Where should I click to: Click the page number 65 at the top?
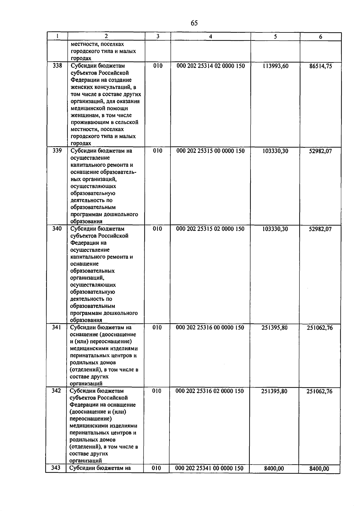[194, 23]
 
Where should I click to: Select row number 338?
[57, 65]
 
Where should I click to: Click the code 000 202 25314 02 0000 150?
[211, 66]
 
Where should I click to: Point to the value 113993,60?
[275, 66]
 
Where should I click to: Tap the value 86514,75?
[320, 66]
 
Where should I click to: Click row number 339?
[57, 151]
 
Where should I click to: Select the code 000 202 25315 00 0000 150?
[211, 151]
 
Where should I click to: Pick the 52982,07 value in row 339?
[320, 151]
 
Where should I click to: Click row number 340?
[57, 229]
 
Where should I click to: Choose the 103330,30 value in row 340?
[275, 229]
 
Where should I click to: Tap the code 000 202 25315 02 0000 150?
[210, 229]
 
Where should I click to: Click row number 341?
[56, 327]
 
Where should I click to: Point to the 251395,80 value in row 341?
[274, 328]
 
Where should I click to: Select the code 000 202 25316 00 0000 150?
[210, 328]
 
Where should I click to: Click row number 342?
[56, 391]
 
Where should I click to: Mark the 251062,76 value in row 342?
[319, 391]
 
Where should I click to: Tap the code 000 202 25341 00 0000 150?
[209, 468]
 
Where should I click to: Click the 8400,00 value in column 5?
[274, 468]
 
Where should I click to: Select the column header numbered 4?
[211, 37]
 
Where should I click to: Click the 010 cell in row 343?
[156, 468]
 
